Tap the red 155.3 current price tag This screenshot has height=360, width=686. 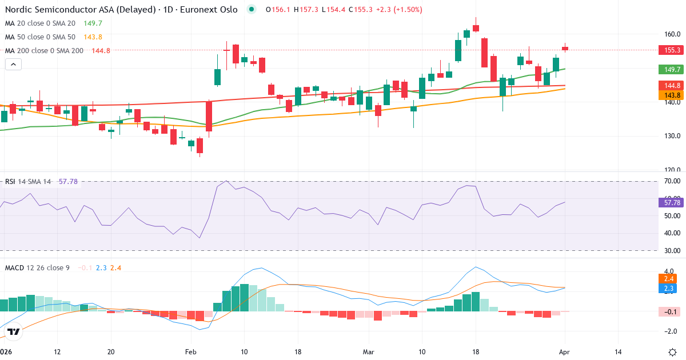click(672, 50)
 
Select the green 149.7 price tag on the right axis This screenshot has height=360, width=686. click(672, 69)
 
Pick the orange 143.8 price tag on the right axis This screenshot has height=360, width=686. click(672, 95)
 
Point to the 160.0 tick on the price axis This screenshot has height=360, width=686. click(672, 34)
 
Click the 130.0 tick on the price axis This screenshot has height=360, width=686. click(672, 136)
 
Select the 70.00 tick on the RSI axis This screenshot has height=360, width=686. click(672, 181)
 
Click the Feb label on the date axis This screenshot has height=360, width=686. click(190, 351)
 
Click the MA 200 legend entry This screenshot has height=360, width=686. click(45, 50)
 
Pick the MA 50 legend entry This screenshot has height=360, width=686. click(40, 37)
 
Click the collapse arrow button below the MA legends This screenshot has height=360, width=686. click(13, 65)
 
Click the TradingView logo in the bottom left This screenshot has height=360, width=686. click(14, 331)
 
